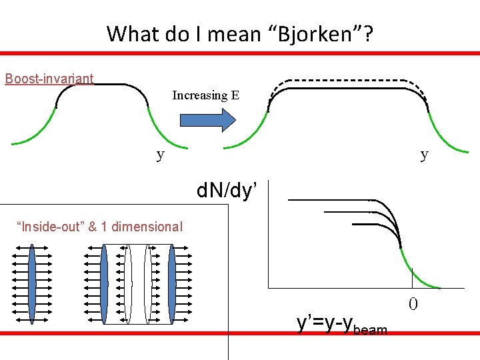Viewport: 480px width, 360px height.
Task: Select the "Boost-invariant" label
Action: [49, 79]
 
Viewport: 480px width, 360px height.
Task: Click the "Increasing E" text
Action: [205, 95]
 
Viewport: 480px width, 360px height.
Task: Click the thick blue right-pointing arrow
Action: [208, 119]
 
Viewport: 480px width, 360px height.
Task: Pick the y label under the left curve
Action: [160, 155]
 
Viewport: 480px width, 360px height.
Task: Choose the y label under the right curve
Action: [424, 155]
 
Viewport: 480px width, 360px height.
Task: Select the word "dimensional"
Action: [147, 227]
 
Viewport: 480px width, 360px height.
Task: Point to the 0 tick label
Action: [413, 305]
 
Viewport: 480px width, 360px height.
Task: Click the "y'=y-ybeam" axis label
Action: [341, 323]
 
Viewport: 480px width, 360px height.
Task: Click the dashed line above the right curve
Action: [347, 81]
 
